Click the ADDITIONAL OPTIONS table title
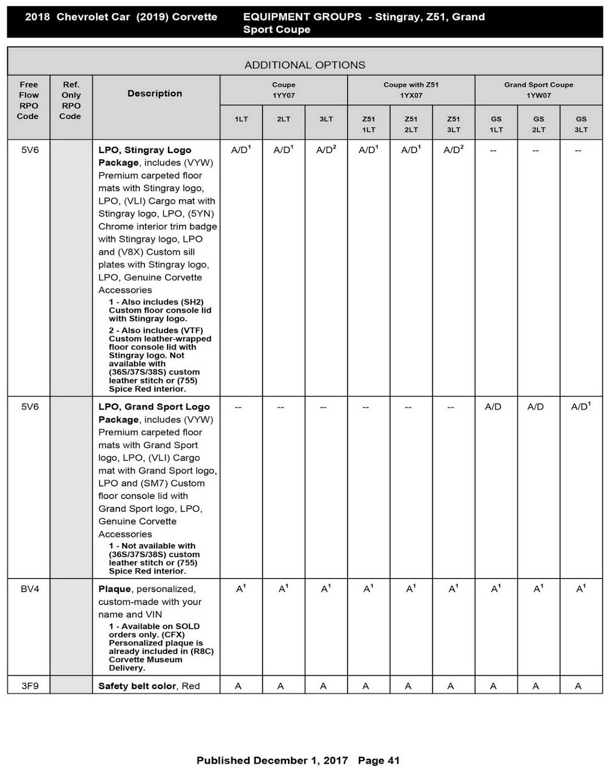pos(305,65)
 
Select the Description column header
pos(155,93)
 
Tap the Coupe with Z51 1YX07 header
pos(411,90)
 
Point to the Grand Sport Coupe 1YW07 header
pos(538,90)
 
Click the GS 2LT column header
pos(538,124)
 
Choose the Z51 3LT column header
pos(454,124)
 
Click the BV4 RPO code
pos(30,589)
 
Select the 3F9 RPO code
pos(30,686)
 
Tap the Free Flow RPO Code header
pos(28,100)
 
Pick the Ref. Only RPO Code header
pos(71,100)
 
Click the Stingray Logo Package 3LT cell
pos(326,150)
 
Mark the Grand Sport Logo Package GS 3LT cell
pos(581,407)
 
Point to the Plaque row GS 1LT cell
pos(496,589)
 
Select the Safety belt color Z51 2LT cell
pos(408,686)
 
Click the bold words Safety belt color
pos(137,686)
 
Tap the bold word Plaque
pos(115,589)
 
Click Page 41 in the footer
pos(379,760)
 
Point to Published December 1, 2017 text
pos(272,760)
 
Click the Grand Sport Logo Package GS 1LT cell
pos(493,407)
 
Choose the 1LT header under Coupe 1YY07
pos(241,119)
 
